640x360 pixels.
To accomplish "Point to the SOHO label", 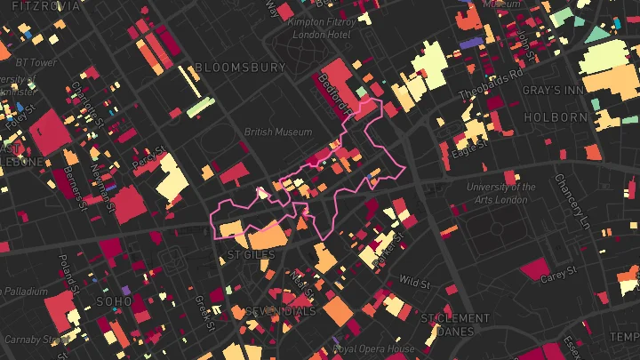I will pos(114,301).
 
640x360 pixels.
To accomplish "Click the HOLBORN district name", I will pos(556,116).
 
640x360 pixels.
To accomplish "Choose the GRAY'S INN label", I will pos(556,92).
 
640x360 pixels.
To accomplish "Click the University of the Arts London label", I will pos(501,193).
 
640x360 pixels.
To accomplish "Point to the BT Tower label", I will pos(36,63).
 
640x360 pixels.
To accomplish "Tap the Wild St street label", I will pos(414,282).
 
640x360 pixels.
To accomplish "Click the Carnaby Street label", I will pos(36,340).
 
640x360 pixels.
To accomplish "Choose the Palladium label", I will pos(23,292).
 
